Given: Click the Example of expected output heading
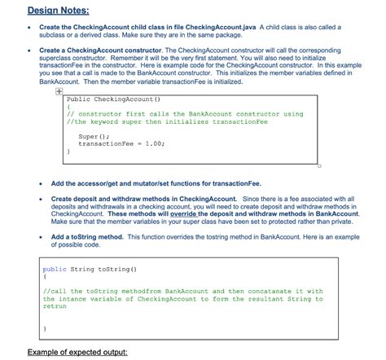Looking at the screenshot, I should pos(77,352).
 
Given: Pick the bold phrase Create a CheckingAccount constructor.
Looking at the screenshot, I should pos(107,50).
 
